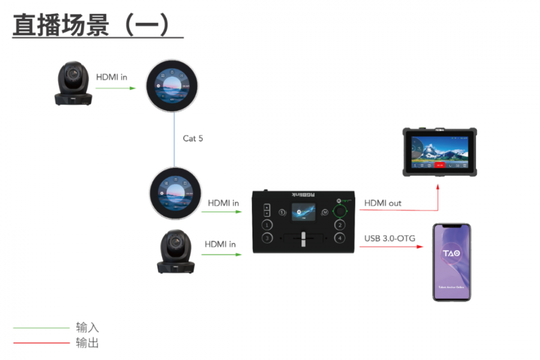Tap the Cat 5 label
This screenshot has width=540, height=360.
coord(193,138)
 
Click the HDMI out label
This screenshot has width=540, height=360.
coord(382,203)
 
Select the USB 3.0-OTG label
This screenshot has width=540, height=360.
coord(389,238)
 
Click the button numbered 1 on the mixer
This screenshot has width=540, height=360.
coord(267,224)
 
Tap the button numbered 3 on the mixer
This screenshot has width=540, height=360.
coord(267,238)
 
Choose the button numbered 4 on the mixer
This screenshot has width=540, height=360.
coord(340,238)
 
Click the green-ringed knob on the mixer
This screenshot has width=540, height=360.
coord(340,211)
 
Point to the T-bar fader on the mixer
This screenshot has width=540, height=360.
coord(303,239)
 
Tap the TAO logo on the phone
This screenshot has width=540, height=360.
coord(451,253)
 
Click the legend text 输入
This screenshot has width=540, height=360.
coord(87,327)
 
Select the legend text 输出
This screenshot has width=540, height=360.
coord(87,342)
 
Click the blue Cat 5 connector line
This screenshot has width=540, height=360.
coord(174,140)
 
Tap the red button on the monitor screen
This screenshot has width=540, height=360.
coord(439,164)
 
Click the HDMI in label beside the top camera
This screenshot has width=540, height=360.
coord(111,77)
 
